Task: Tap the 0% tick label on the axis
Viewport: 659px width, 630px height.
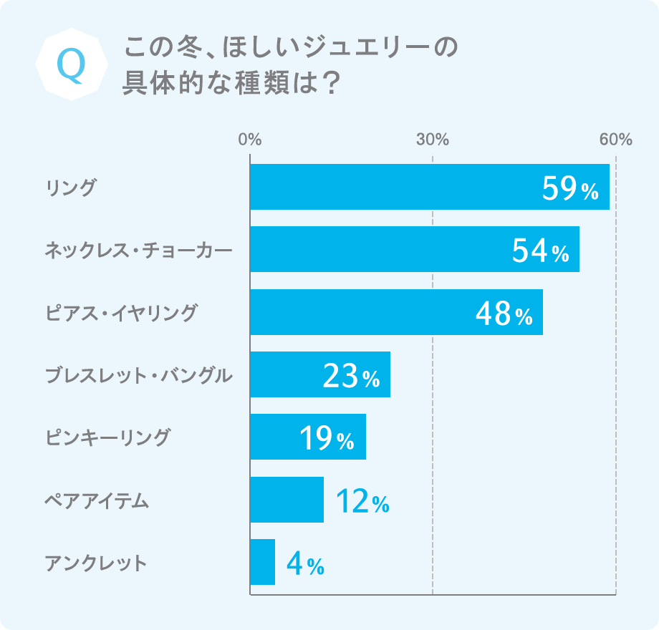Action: point(250,139)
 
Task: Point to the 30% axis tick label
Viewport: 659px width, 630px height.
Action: point(433,139)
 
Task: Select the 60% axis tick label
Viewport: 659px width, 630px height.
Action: point(616,139)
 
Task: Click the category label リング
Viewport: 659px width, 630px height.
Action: point(70,188)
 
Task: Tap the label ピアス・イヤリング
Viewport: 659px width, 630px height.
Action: point(120,313)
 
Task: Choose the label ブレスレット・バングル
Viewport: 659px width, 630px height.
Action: point(138,375)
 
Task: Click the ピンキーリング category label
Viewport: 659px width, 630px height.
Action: point(107,437)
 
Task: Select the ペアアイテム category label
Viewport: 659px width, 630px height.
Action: point(97,500)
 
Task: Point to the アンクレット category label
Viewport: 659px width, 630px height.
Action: point(95,563)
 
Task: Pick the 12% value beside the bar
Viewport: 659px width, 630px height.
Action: point(362,501)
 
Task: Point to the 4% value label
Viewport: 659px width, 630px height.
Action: point(305,564)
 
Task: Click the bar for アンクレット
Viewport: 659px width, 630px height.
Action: point(262,562)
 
